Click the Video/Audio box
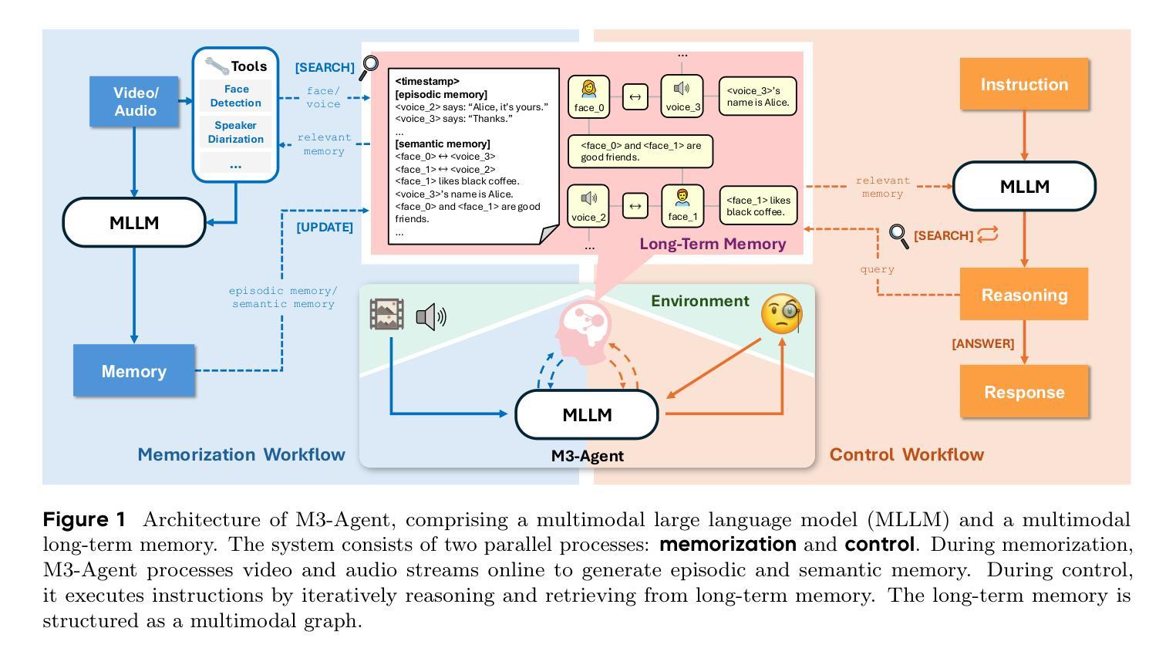click(135, 101)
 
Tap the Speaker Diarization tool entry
click(235, 132)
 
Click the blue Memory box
click(133, 371)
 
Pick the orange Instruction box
click(1023, 84)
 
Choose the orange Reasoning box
click(1023, 295)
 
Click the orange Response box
click(1023, 392)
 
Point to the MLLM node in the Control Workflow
click(1023, 186)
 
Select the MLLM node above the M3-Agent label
click(586, 414)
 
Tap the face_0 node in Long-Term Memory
click(588, 96)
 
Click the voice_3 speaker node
click(682, 96)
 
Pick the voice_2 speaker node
click(588, 206)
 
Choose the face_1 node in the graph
click(682, 206)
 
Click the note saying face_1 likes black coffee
click(757, 206)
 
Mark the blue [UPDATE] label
click(325, 228)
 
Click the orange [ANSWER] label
click(982, 344)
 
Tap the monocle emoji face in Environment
click(780, 314)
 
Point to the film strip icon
click(386, 315)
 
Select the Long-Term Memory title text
click(713, 244)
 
